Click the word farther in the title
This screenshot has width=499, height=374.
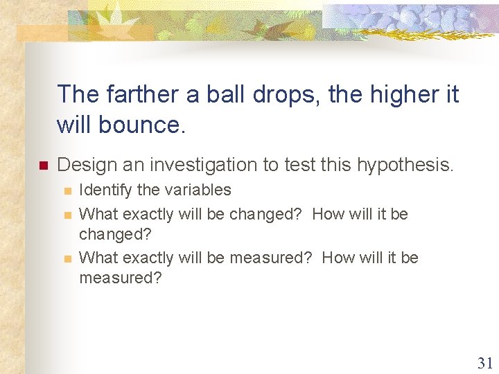pyautogui.click(x=123, y=94)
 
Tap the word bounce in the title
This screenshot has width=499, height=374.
pyautogui.click(x=144, y=125)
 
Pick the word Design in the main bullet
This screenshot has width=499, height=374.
pyautogui.click(x=82, y=165)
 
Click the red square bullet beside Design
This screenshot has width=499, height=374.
pyautogui.click(x=42, y=166)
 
